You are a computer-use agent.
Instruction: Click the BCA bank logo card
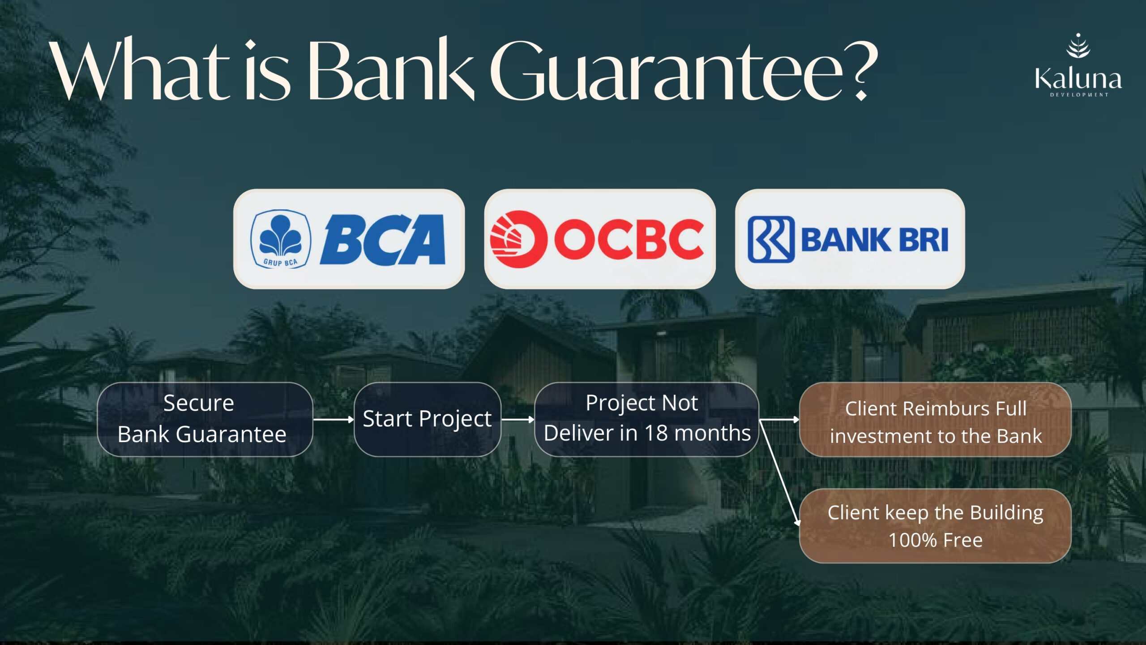click(x=349, y=239)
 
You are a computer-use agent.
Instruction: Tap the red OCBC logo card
click(x=599, y=239)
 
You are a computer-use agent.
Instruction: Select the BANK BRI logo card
click(x=850, y=239)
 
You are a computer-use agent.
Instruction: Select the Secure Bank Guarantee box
click(x=205, y=419)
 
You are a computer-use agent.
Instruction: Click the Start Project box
click(x=427, y=419)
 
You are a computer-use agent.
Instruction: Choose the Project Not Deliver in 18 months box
click(x=646, y=419)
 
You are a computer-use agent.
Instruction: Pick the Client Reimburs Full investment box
click(x=935, y=419)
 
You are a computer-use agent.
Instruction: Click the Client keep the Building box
click(x=935, y=525)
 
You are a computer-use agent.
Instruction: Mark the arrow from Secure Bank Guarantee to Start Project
click(x=334, y=420)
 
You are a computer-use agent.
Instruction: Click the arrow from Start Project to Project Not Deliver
click(x=518, y=420)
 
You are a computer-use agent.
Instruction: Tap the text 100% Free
click(x=936, y=540)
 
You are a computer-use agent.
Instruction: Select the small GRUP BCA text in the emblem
click(x=280, y=262)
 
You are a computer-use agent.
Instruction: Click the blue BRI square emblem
click(x=771, y=239)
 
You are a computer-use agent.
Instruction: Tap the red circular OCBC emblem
click(x=518, y=239)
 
